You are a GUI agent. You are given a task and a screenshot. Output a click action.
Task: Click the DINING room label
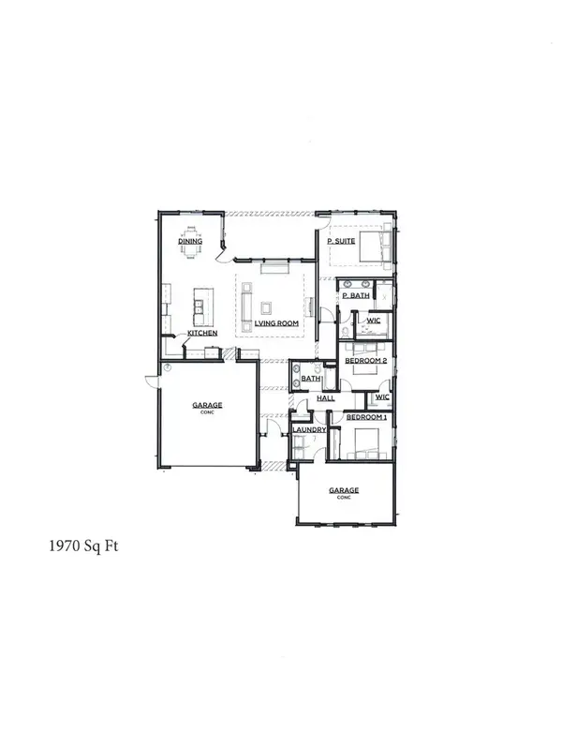(x=191, y=242)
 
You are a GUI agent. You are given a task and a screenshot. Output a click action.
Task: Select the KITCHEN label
(x=203, y=334)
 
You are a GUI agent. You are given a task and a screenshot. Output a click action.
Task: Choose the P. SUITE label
(x=340, y=242)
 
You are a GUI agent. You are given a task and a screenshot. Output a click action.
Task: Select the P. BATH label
(x=355, y=296)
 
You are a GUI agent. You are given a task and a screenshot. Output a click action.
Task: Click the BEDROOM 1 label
(x=362, y=415)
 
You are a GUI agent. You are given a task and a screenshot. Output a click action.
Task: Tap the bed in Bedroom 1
(x=364, y=440)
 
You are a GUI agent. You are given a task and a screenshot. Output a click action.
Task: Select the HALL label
(x=326, y=398)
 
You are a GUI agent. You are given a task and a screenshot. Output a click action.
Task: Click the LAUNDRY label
(x=308, y=430)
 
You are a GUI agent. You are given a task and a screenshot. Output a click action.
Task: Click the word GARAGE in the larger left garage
(x=207, y=405)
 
